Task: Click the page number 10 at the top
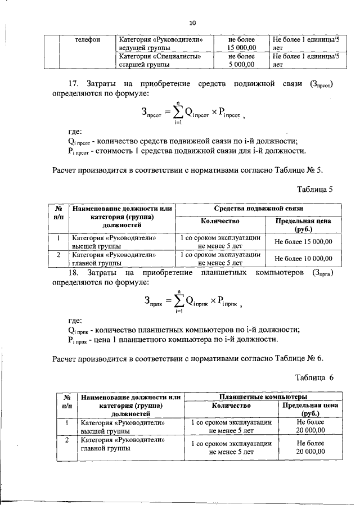tap(192, 23)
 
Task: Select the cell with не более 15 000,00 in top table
tap(241, 44)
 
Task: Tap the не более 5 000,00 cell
tap(241, 60)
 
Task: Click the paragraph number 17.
tap(73, 83)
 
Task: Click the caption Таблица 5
tap(315, 189)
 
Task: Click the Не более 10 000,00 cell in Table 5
tap(303, 258)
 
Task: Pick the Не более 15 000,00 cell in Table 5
tap(303, 242)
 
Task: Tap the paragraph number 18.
tap(73, 273)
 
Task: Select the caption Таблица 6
tap(315, 377)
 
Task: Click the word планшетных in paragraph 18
tap(225, 273)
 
